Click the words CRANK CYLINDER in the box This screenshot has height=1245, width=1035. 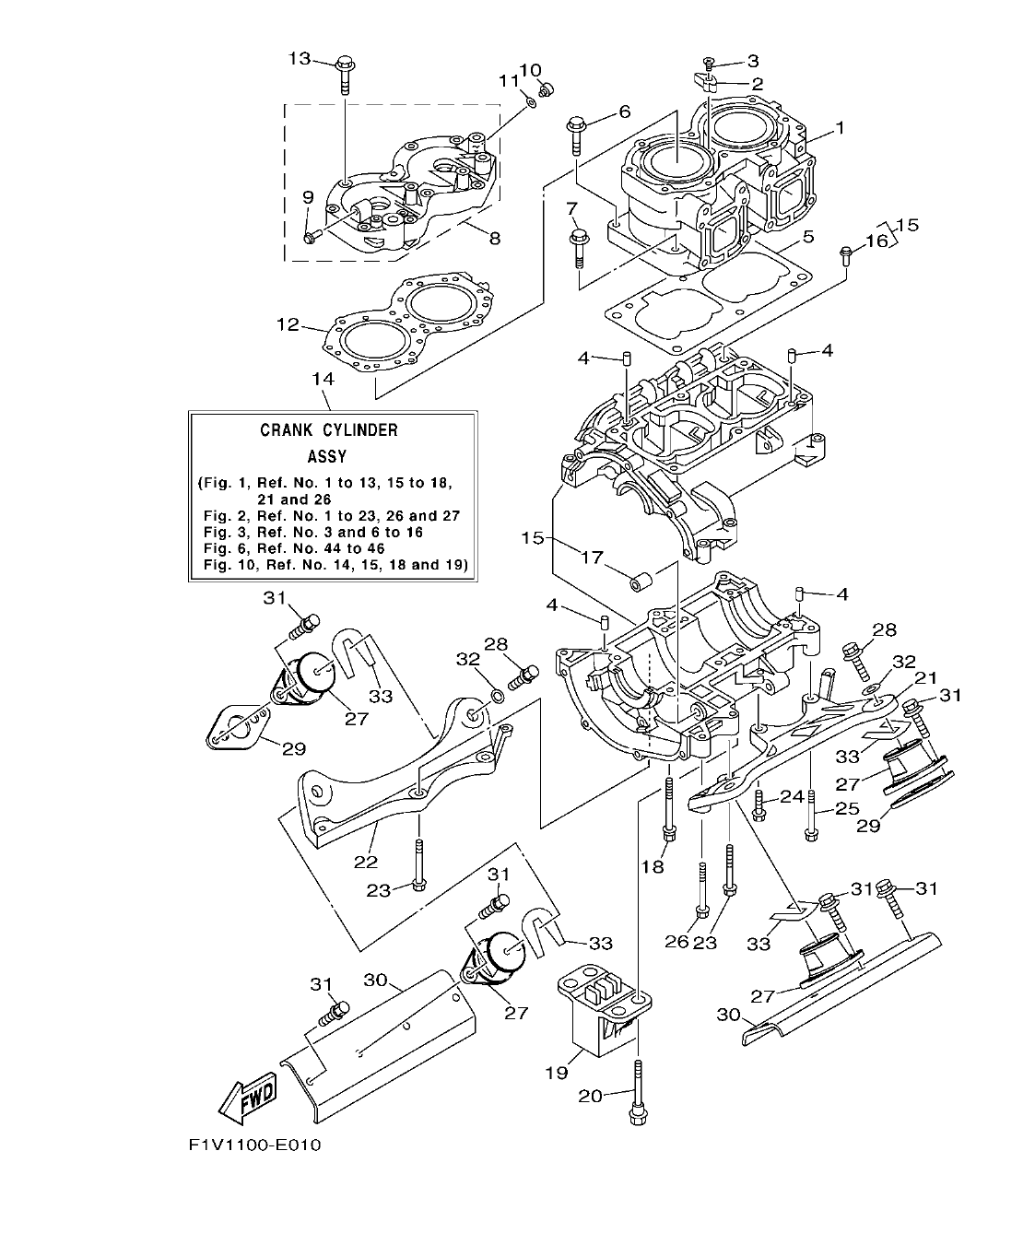[x=329, y=429]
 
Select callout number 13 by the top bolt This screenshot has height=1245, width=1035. [x=300, y=58]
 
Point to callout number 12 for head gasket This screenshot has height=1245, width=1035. [x=288, y=324]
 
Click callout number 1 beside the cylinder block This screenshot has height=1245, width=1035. [x=840, y=128]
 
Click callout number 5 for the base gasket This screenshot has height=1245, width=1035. [x=807, y=237]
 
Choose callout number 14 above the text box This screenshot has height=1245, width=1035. [x=322, y=379]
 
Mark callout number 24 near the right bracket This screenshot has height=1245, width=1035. [x=791, y=795]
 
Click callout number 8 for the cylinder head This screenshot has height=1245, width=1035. [x=495, y=238]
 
